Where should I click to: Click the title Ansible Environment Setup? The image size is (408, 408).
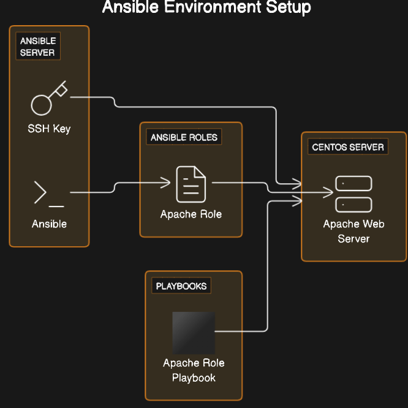pos(206,8)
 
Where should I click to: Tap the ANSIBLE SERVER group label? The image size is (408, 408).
pos(37,47)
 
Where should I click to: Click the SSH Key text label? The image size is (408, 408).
pos(49,129)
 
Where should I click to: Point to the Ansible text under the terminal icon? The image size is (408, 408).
pos(49,224)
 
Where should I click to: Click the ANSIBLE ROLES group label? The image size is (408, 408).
pos(184,137)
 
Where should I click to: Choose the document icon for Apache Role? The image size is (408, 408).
pos(191,184)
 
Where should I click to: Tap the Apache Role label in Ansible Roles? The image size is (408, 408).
pos(191,214)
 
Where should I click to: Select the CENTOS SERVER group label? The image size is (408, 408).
pos(348,147)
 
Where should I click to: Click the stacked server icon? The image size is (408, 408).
pos(353,194)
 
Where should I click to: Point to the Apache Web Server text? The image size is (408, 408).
pos(353,231)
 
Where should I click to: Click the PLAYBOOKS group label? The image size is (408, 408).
pos(181,286)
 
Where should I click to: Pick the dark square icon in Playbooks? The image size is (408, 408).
pos(194,333)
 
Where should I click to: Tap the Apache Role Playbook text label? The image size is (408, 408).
pos(194,371)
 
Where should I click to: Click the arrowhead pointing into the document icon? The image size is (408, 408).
pos(167,182)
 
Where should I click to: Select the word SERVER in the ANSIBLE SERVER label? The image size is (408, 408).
pos(37,53)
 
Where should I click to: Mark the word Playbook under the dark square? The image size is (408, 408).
pos(194,378)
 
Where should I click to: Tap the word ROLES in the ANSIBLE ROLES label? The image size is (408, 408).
pos(202,137)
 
